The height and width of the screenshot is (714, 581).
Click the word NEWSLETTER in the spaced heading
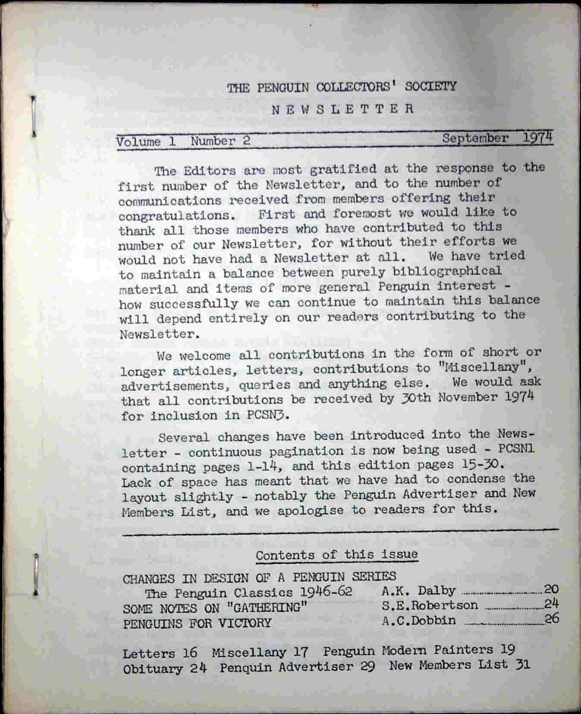tap(342, 109)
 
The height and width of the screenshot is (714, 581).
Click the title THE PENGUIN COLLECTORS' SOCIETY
tap(341, 87)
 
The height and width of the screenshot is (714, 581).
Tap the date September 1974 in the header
tap(497, 138)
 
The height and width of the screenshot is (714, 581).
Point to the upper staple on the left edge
tap(33, 116)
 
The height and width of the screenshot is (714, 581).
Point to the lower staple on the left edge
tap(36, 575)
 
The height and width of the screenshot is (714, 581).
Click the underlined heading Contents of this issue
tap(336, 555)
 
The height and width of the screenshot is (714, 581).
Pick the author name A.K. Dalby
tap(418, 591)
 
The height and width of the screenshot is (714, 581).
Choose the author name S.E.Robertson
tap(430, 605)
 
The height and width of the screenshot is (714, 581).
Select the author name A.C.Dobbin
tap(418, 620)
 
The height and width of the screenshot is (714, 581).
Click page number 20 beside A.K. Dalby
tap(551, 589)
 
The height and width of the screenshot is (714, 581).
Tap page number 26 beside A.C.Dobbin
tap(552, 619)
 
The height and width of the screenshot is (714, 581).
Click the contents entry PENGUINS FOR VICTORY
tap(197, 624)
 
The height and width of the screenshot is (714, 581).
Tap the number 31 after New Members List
tap(522, 665)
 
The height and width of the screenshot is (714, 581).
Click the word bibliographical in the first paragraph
tap(447, 271)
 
